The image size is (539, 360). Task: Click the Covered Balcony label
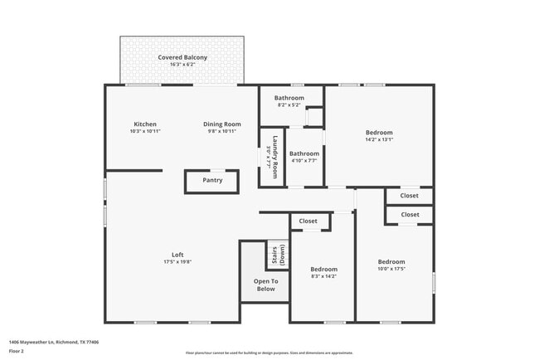182,57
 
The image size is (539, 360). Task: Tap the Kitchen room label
145,124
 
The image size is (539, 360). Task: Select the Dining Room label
222,124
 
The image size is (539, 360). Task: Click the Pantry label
212,180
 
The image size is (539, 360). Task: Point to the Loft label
177,255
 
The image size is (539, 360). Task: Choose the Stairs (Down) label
277,255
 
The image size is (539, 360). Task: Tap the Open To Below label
265,285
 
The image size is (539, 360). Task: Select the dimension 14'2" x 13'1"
379,139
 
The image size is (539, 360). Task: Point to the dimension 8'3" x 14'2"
323,276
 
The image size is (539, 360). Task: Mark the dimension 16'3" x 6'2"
182,65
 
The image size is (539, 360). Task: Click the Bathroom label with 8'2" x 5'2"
289,98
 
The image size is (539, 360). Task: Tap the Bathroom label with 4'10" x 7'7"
304,153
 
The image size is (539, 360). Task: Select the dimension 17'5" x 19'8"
177,262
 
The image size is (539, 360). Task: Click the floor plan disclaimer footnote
269,353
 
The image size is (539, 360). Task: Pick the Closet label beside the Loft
308,221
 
